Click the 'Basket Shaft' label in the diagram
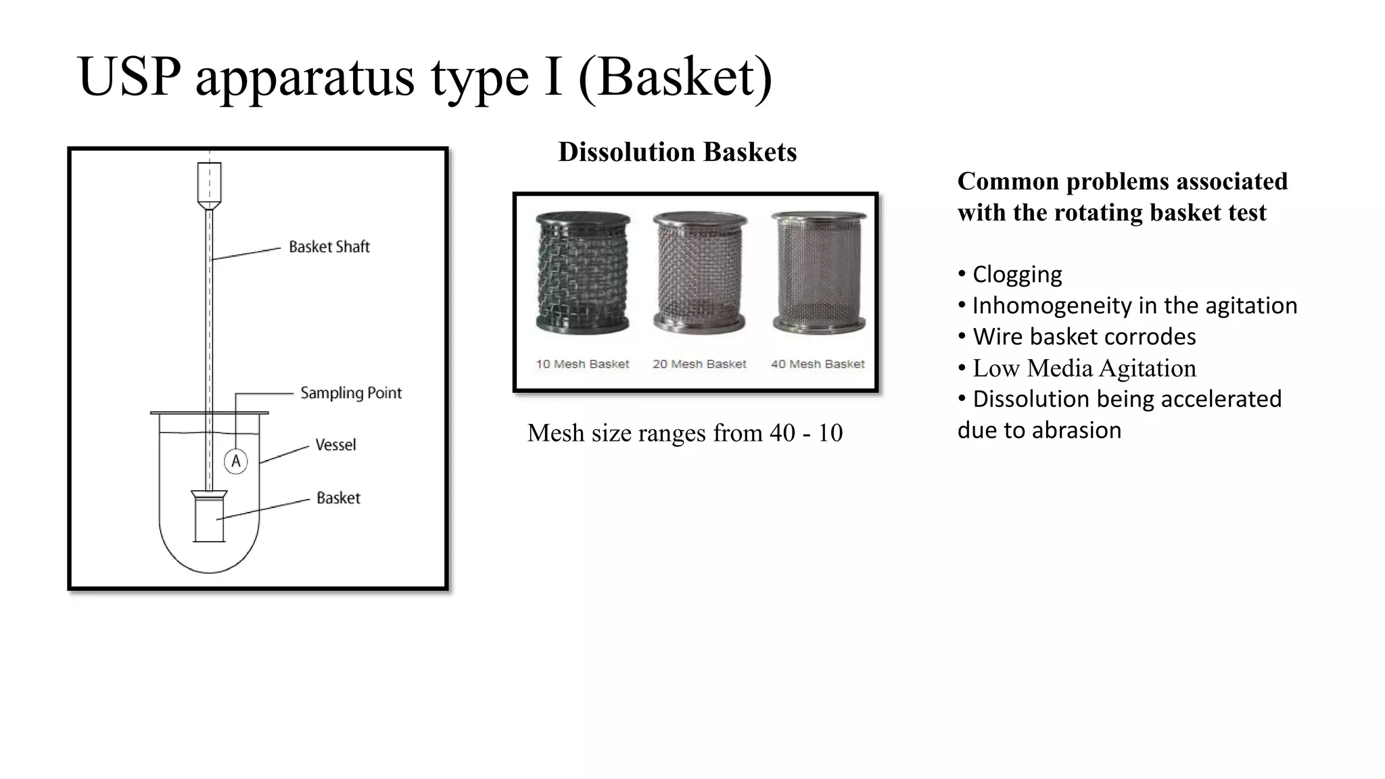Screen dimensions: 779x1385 click(329, 247)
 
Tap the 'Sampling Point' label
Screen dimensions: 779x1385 click(350, 393)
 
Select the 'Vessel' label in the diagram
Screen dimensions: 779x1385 click(335, 445)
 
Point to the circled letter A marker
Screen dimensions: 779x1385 click(236, 462)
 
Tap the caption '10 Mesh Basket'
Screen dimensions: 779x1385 click(582, 364)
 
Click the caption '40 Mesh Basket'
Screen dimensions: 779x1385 click(818, 364)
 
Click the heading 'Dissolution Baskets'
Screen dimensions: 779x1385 click(677, 152)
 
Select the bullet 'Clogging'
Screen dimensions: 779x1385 click(1016, 275)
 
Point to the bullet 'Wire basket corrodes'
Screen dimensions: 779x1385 click(1083, 337)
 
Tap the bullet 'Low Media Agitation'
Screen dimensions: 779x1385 click(1083, 369)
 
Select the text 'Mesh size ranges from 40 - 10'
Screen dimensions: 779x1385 click(684, 433)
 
